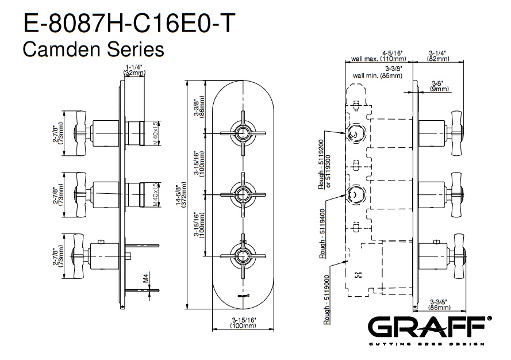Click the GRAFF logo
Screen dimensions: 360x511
pyautogui.click(x=429, y=329)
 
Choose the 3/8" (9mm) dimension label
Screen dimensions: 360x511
pyautogui.click(x=440, y=86)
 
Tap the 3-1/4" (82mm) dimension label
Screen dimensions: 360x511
pyautogui.click(x=438, y=56)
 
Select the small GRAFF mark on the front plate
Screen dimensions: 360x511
pyautogui.click(x=243, y=295)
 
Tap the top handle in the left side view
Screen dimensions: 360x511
pyautogui.click(x=79, y=132)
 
